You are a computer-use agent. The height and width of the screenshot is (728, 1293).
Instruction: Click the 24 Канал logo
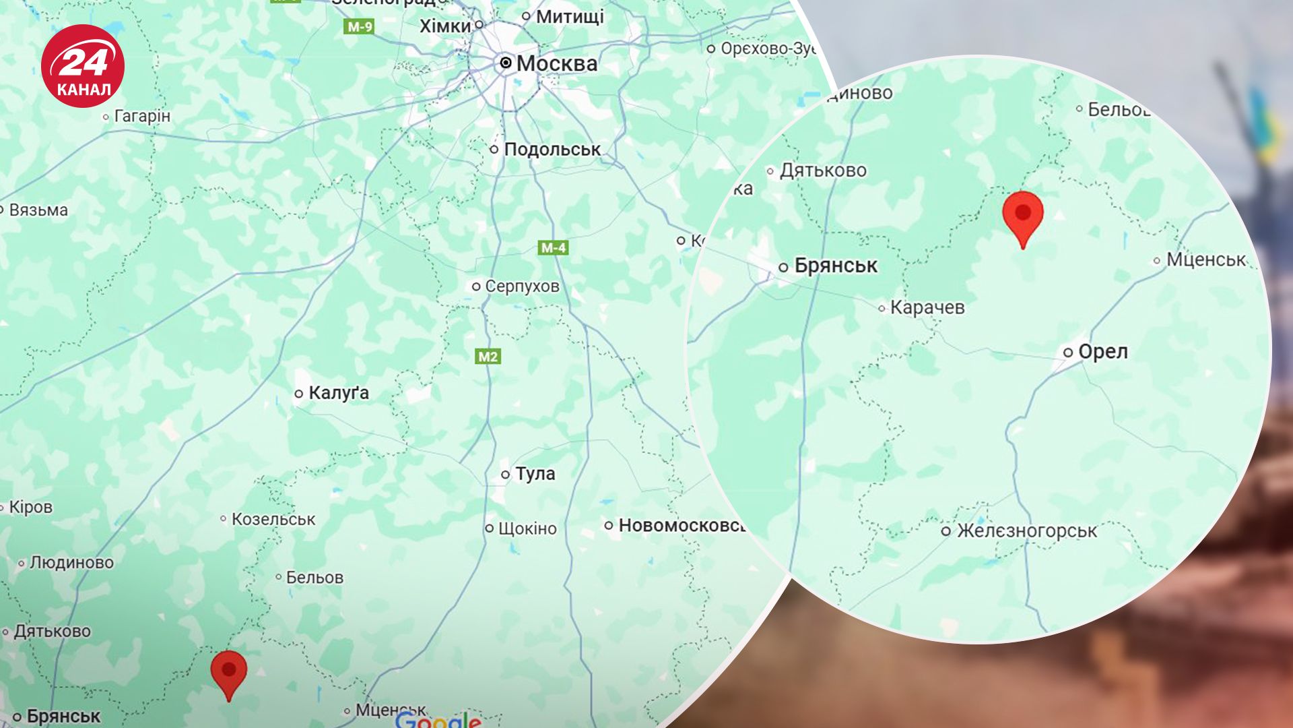pyautogui.click(x=83, y=66)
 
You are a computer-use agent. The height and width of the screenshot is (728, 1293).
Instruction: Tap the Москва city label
pyautogui.click(x=556, y=64)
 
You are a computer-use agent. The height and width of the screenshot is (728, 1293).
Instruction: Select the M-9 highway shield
pyautogui.click(x=359, y=27)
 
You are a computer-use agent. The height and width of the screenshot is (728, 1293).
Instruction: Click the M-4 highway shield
pyautogui.click(x=554, y=248)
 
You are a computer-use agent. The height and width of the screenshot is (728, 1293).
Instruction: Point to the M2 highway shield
pyautogui.click(x=488, y=357)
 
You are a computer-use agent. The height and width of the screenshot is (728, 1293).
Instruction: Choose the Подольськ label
pyautogui.click(x=552, y=149)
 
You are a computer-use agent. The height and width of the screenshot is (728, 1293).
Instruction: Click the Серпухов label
pyautogui.click(x=522, y=286)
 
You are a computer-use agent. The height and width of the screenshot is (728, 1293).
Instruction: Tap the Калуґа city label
pyautogui.click(x=338, y=393)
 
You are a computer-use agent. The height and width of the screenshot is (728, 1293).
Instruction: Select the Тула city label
pyautogui.click(x=535, y=474)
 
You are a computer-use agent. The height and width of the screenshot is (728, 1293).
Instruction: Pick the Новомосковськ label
pyautogui.click(x=680, y=525)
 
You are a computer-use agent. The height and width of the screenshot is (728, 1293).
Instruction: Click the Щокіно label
pyautogui.click(x=527, y=528)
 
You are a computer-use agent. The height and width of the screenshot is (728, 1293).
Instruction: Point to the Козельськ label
pyautogui.click(x=273, y=519)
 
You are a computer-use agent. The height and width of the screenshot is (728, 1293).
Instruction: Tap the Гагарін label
pyautogui.click(x=142, y=116)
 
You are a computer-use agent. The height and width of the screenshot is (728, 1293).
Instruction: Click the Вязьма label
pyautogui.click(x=38, y=210)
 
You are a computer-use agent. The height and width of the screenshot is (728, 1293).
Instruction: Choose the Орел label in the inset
pyautogui.click(x=1102, y=352)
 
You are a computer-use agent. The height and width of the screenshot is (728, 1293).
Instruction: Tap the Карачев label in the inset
pyautogui.click(x=927, y=308)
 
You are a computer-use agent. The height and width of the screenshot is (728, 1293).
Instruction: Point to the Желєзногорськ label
pyautogui.click(x=1026, y=531)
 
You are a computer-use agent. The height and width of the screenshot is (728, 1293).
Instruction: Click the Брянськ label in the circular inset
pyautogui.click(x=835, y=266)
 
